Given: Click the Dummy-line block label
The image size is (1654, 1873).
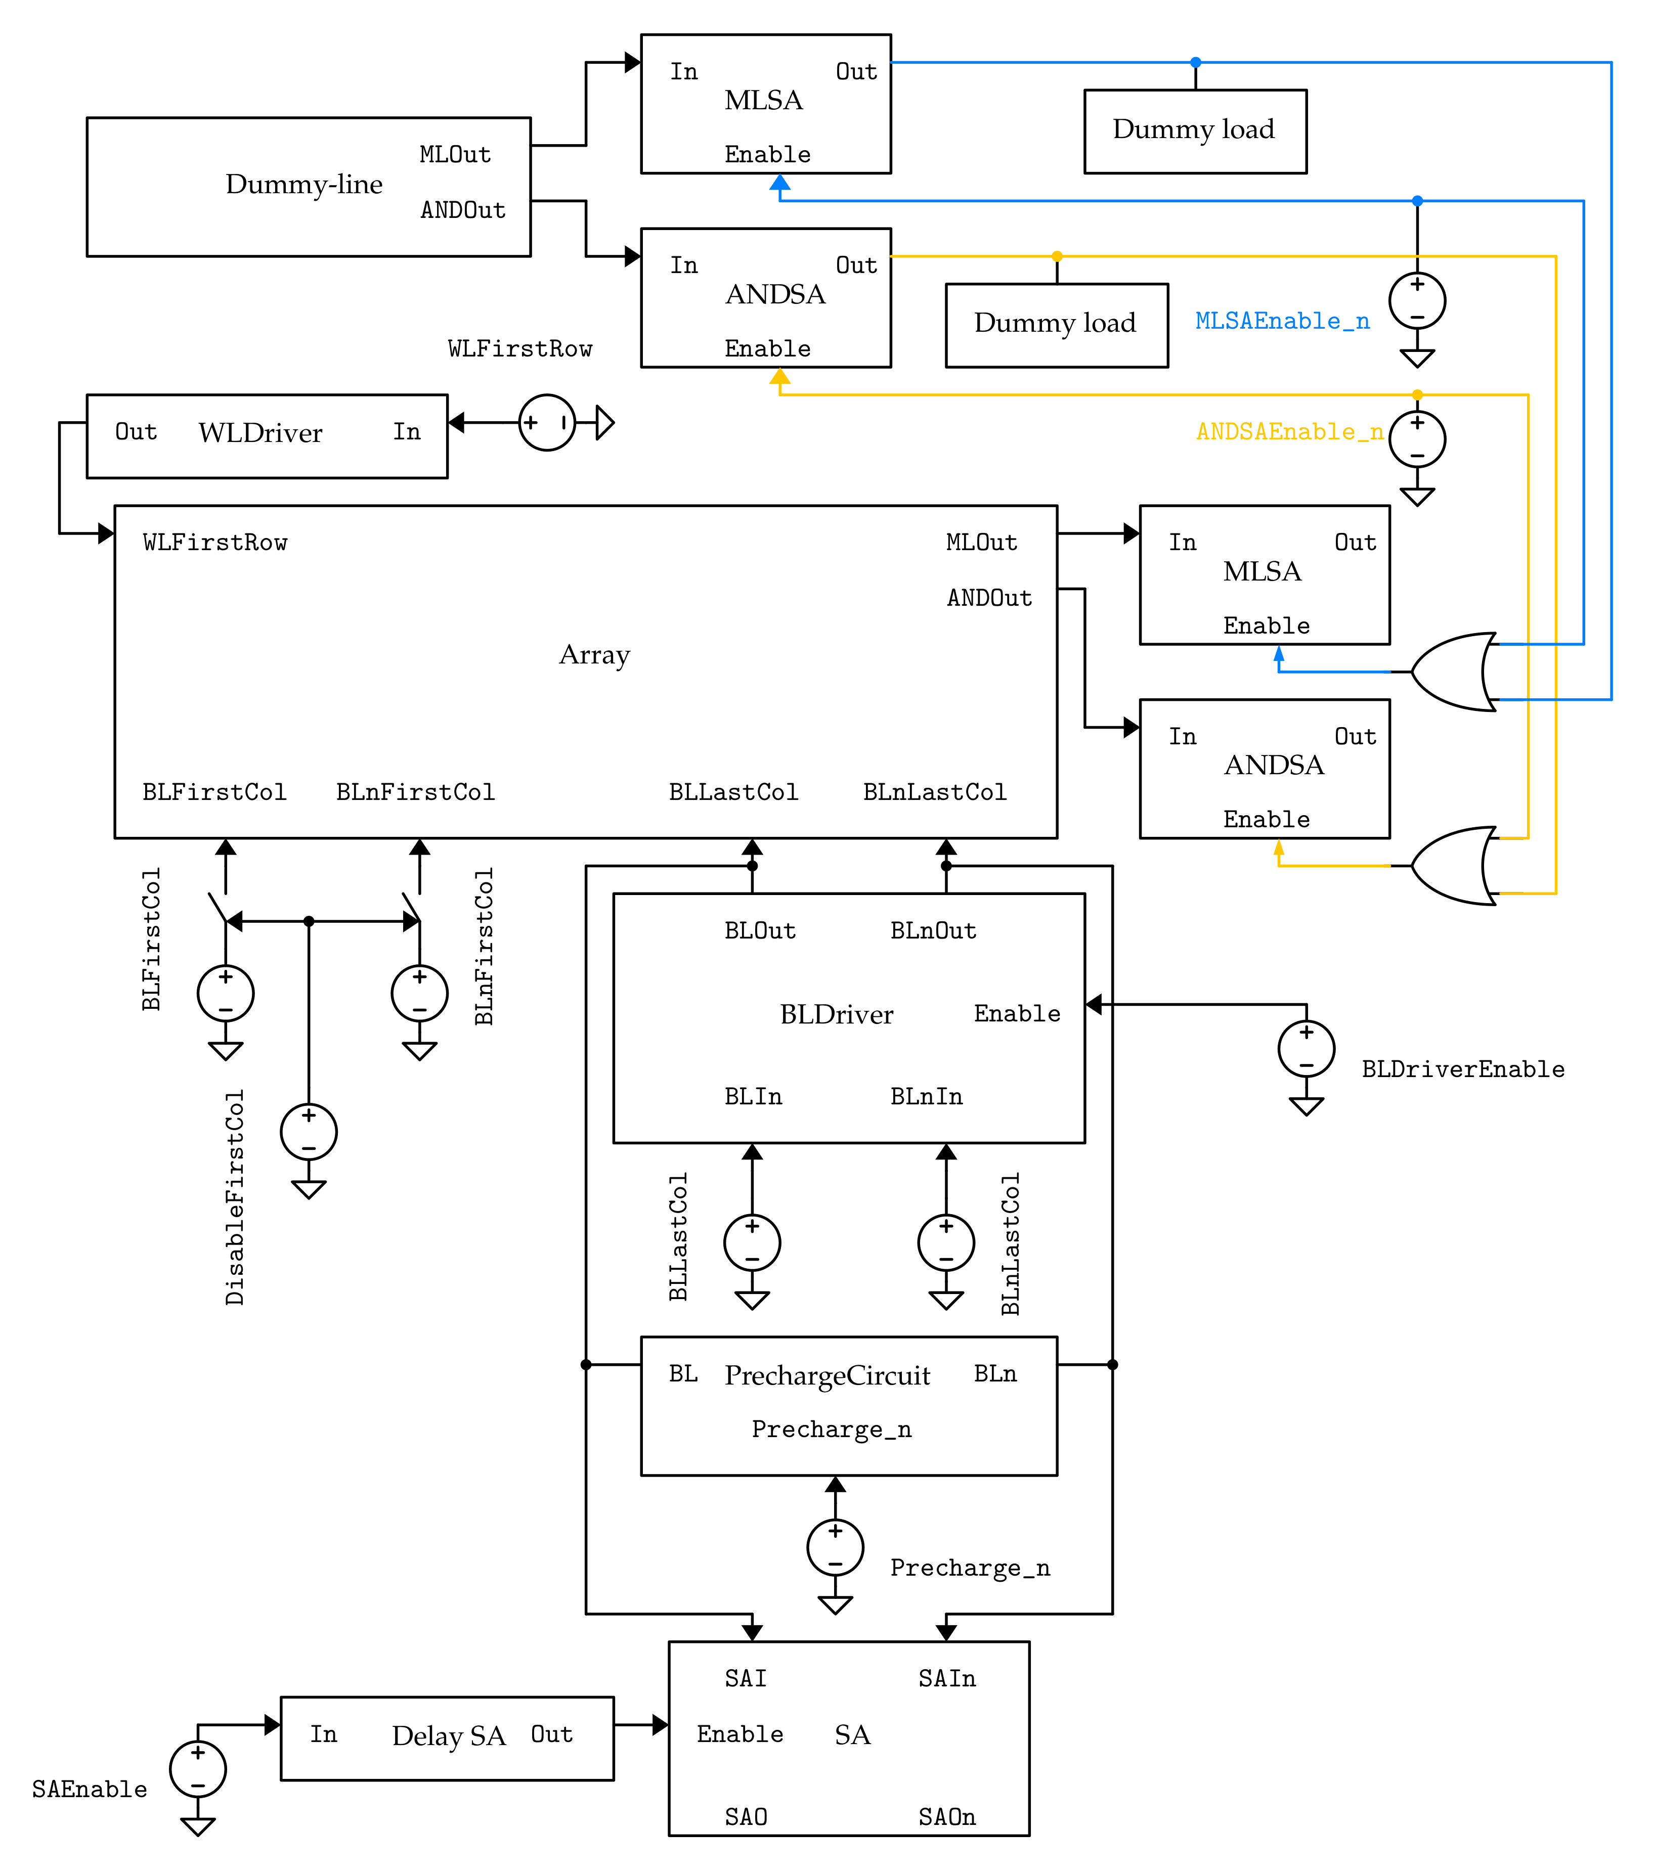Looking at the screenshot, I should coord(303,184).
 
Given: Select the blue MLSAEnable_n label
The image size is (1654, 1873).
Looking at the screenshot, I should coord(1281,321).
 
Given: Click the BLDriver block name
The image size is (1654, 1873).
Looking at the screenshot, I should coord(836,1014).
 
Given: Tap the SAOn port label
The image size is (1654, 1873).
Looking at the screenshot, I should coord(946,1817).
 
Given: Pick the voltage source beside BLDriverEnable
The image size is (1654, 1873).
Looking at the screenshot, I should coord(1306,1048).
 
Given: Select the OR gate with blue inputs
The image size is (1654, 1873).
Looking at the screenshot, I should coord(1452,672).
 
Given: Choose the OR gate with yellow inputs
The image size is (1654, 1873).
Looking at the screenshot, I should coord(1452,866).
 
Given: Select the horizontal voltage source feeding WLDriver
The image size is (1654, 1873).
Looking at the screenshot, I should coord(547,422).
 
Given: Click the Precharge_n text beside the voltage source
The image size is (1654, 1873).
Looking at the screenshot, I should coord(970,1568).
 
